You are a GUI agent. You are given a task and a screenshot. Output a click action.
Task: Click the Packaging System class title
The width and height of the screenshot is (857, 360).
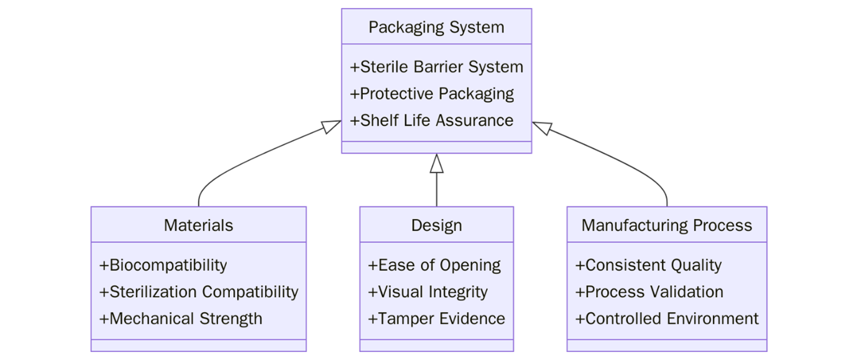(x=436, y=27)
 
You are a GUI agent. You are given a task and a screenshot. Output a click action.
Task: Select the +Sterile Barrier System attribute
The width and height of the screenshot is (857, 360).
(x=436, y=67)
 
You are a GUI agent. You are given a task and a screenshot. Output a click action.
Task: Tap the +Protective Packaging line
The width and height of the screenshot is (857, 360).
(x=432, y=93)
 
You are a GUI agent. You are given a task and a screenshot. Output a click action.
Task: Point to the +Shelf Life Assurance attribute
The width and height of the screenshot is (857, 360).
(x=432, y=120)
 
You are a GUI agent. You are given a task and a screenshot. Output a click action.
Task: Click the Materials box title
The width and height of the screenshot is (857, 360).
(x=198, y=225)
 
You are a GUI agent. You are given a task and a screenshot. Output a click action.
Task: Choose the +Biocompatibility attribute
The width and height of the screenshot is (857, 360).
(x=163, y=265)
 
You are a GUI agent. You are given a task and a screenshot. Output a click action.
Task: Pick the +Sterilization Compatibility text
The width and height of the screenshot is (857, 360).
(x=199, y=292)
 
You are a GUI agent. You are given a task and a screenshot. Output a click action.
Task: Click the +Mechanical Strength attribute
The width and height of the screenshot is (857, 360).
(x=181, y=318)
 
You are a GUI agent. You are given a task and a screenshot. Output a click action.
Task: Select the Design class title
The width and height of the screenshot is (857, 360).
(x=436, y=225)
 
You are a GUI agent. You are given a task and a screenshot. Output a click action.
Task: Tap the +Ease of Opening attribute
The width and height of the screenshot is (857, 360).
(x=434, y=265)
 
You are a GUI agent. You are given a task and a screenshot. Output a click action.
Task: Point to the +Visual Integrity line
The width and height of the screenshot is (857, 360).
(x=428, y=292)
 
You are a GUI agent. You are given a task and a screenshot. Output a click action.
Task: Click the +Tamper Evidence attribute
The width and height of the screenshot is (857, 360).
(x=436, y=318)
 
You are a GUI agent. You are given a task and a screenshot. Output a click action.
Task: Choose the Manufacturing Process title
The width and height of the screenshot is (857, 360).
(x=667, y=225)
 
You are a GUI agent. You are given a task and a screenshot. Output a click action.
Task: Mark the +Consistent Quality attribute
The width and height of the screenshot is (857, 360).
(x=648, y=265)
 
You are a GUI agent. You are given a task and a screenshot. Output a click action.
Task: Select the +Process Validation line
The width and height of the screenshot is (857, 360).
(x=649, y=292)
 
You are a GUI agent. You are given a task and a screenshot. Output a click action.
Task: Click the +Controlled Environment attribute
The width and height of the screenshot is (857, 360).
(x=667, y=318)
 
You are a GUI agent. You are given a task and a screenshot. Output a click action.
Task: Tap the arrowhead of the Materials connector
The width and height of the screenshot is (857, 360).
(x=332, y=126)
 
